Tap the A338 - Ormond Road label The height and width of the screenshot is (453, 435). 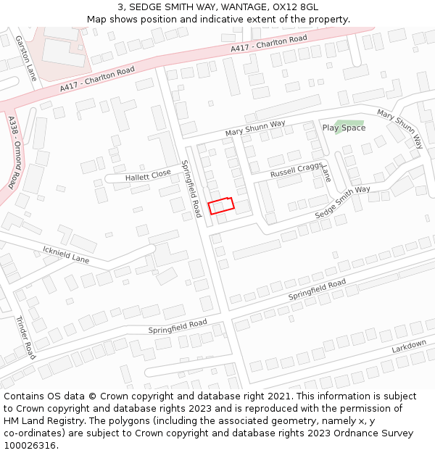14,152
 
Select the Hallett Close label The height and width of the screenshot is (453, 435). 148,175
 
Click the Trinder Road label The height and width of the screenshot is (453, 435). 25,338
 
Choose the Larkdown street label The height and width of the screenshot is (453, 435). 409,347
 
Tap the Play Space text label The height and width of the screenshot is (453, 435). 344,128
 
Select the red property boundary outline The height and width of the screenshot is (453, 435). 221,205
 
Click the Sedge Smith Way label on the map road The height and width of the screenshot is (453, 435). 342,203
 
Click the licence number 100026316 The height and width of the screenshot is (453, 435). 30,445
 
